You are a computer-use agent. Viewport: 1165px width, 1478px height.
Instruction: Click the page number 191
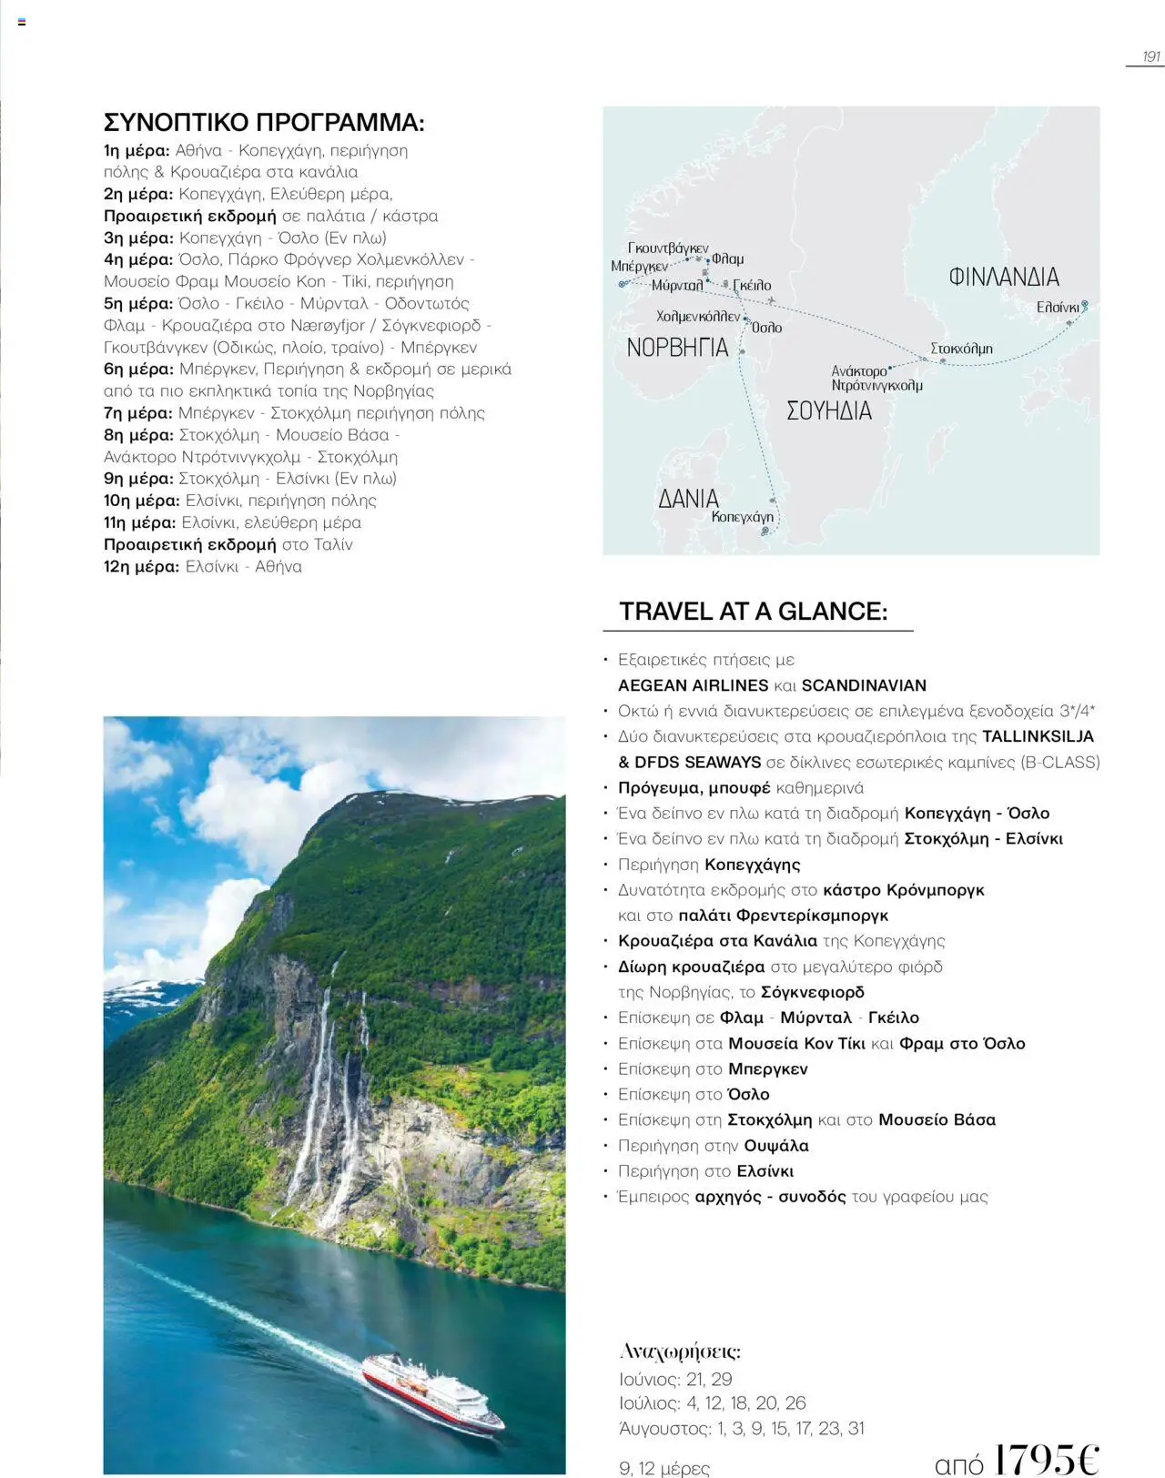click(x=1151, y=56)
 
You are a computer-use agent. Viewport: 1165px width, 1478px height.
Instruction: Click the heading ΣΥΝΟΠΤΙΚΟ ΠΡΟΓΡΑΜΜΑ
click(x=264, y=123)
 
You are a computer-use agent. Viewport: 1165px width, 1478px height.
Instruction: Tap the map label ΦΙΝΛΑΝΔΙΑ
click(x=1003, y=277)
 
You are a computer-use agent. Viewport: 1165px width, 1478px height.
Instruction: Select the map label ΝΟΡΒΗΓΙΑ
click(x=677, y=348)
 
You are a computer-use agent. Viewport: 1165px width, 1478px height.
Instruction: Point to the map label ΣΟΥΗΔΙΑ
click(x=828, y=411)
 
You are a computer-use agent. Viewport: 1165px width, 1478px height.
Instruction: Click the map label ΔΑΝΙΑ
click(x=688, y=499)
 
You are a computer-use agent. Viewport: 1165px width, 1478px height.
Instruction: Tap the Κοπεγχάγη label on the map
click(x=742, y=517)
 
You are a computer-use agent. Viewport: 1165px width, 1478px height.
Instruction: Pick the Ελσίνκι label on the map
click(x=1057, y=308)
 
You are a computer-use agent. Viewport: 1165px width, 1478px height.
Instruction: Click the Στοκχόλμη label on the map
click(x=961, y=349)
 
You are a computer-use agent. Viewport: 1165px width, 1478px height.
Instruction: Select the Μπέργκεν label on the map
click(x=639, y=267)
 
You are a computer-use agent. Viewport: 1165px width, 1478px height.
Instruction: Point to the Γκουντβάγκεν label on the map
click(x=668, y=248)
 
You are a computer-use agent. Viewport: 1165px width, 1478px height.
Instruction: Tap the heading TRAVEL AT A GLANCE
click(x=753, y=612)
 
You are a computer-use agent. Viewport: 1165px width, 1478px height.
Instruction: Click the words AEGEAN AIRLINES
click(x=693, y=685)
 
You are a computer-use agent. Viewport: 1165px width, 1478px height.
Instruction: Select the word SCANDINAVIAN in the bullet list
click(x=864, y=685)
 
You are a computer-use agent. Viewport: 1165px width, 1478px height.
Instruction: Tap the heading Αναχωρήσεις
click(x=679, y=1351)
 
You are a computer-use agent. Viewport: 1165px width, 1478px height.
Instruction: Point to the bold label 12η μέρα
click(x=141, y=566)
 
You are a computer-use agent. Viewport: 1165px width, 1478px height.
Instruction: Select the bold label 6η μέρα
click(x=138, y=369)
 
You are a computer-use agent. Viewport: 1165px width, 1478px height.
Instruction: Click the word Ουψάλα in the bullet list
click(x=775, y=1146)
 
